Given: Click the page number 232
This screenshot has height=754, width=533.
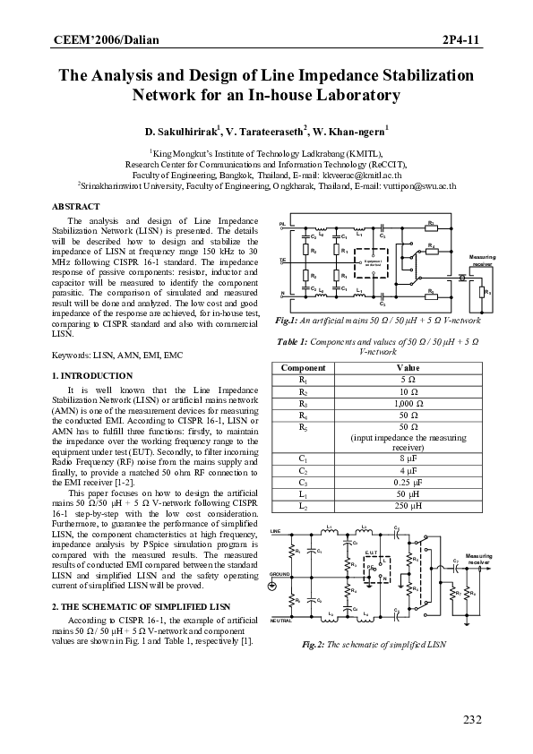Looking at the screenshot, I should tap(472, 720).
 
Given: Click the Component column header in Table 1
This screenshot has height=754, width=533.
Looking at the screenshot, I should tap(303, 393).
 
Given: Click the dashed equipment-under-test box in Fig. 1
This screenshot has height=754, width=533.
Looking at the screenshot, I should tap(371, 262).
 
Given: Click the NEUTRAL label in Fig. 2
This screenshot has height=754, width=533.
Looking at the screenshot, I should tap(280, 620).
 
